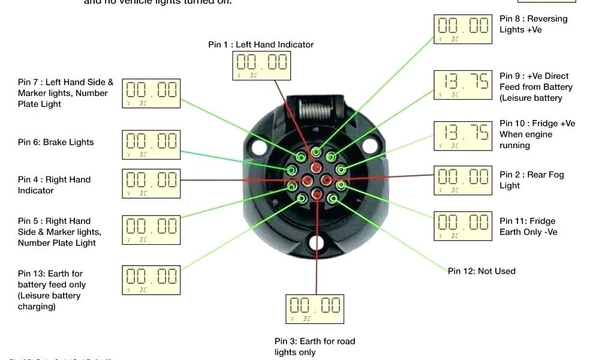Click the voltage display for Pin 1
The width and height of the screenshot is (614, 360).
point(261,65)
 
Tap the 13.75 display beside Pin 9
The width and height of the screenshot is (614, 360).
point(463,85)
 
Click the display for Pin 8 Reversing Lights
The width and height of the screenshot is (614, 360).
point(463,29)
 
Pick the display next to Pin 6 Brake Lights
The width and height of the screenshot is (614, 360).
point(151,145)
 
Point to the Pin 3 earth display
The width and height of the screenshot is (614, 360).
point(315,309)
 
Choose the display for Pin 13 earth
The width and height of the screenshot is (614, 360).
point(151,280)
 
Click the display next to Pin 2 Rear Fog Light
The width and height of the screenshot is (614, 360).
point(463,180)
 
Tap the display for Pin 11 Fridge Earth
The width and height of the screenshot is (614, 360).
point(463,226)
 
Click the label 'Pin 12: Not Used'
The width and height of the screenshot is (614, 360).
point(481,271)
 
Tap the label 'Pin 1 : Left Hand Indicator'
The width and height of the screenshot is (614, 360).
point(261,44)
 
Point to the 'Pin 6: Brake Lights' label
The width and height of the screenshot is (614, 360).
point(56,142)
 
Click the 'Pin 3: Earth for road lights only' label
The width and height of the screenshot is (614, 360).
point(315,347)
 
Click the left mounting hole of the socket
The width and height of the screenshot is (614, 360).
point(258,146)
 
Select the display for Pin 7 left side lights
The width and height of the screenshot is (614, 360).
point(151,94)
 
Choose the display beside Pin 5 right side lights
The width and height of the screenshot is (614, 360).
point(151,229)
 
